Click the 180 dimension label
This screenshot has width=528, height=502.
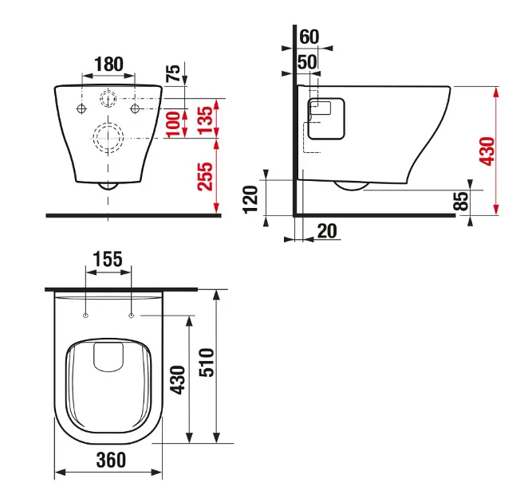[x=108, y=64]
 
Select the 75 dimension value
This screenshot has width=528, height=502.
[x=173, y=73]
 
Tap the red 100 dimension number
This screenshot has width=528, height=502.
[x=174, y=124]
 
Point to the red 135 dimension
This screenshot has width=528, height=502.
[x=205, y=120]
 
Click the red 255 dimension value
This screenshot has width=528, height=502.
[x=205, y=176]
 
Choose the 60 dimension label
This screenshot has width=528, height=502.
[x=309, y=37]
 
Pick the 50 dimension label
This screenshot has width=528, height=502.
[x=307, y=62]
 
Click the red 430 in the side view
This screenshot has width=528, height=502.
[x=487, y=151]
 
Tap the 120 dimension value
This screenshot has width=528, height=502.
[x=250, y=199]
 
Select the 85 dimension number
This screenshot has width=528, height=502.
[x=461, y=201]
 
